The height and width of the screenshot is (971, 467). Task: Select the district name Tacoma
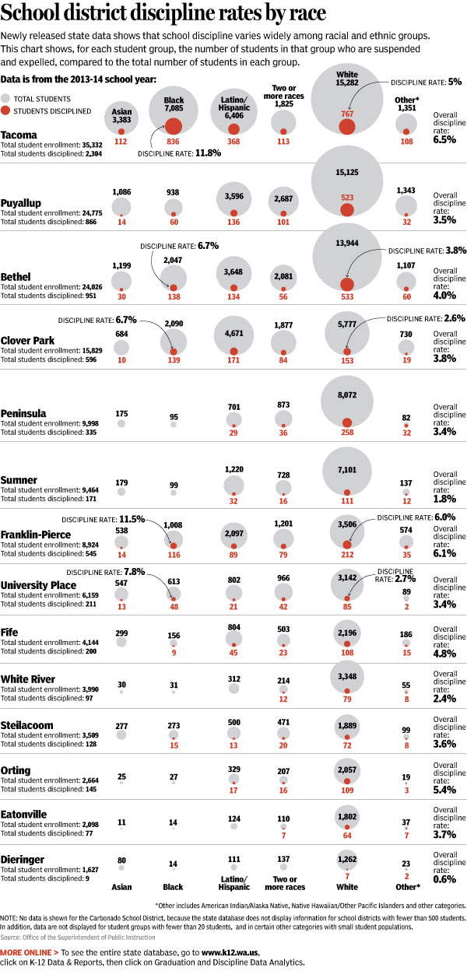(20, 135)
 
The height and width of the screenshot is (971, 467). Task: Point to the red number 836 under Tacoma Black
(174, 142)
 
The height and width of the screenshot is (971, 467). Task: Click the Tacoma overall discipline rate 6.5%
(445, 140)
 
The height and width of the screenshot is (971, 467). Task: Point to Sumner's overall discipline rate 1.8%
(445, 499)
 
